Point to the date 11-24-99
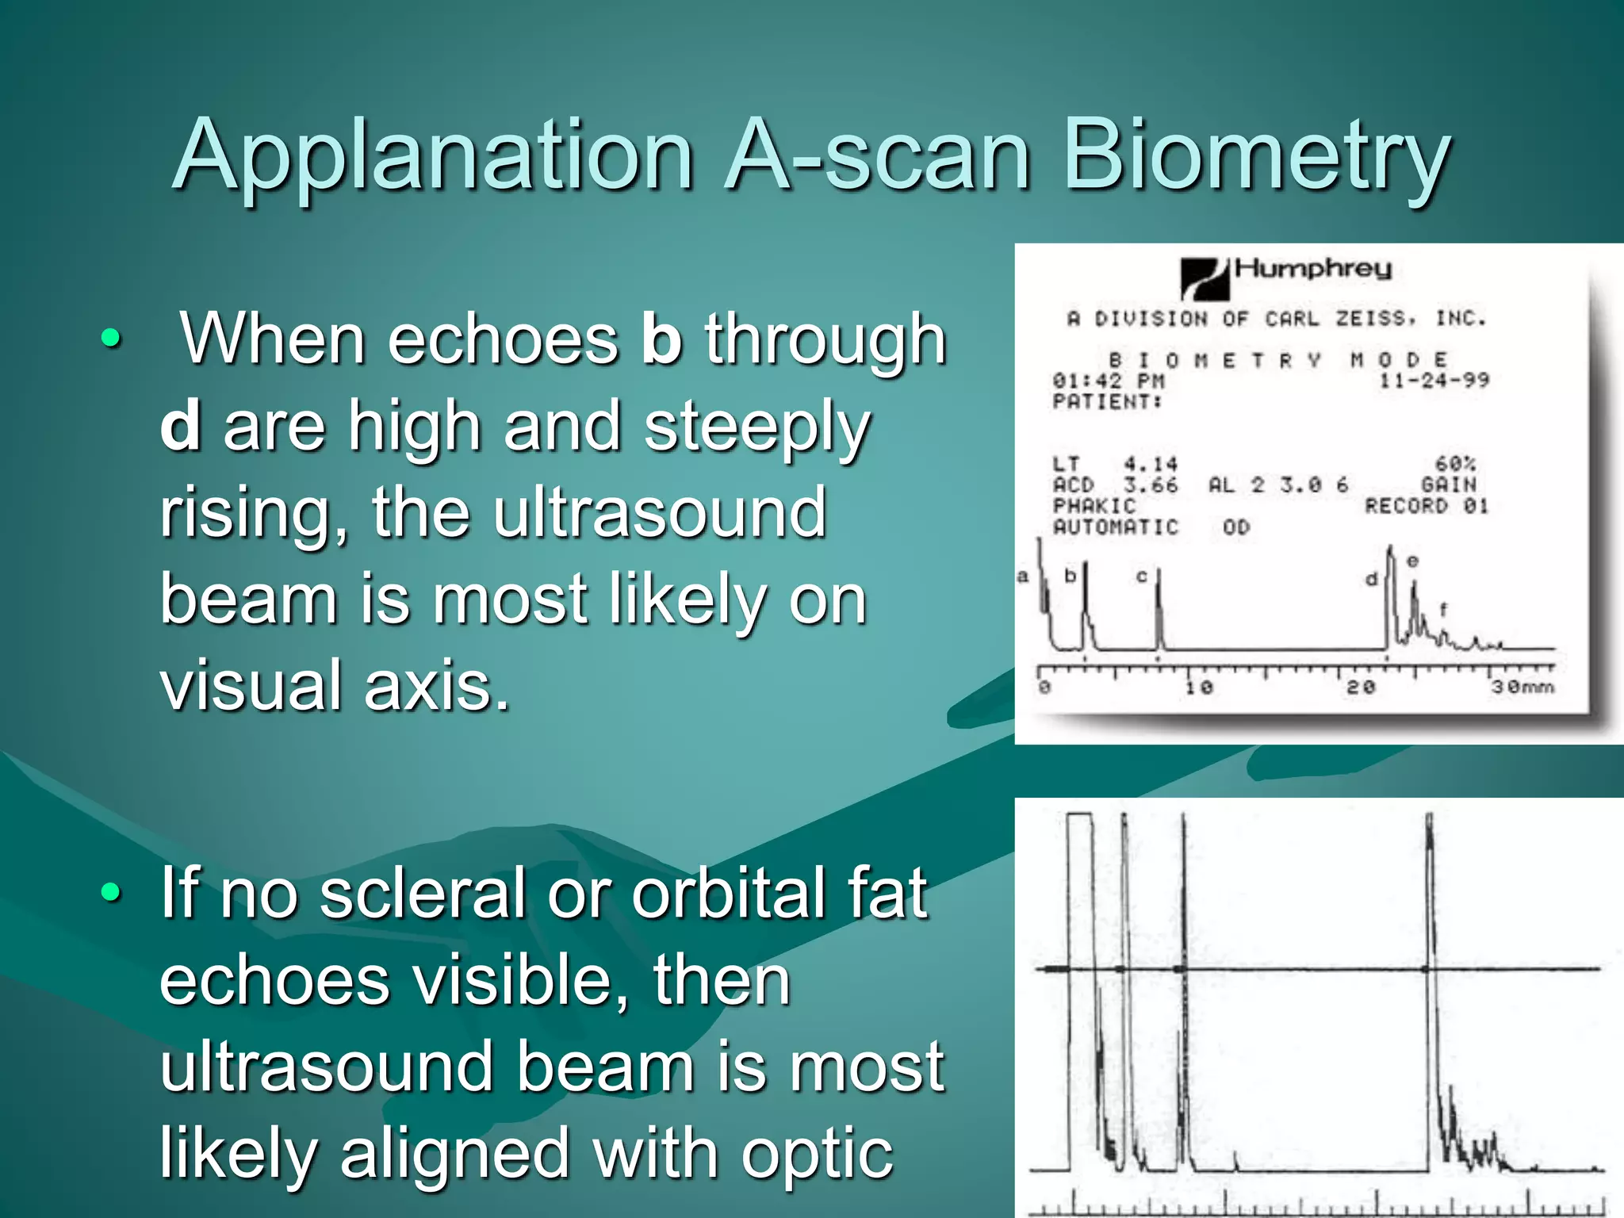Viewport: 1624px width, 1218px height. point(1434,381)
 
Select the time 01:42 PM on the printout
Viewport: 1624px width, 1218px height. point(1108,381)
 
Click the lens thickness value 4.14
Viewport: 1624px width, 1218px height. point(1151,464)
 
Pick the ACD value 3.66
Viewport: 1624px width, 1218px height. point(1151,485)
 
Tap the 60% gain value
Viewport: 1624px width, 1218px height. point(1455,464)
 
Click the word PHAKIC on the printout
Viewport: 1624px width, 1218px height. point(1094,506)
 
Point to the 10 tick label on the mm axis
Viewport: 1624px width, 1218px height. point(1198,687)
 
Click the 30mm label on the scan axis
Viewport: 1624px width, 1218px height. point(1522,687)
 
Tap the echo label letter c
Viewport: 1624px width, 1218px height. point(1142,576)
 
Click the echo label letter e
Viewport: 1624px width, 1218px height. point(1412,561)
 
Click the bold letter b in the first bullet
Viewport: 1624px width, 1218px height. point(661,339)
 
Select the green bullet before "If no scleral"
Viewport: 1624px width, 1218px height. point(112,893)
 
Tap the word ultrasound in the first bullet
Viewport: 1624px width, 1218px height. point(658,513)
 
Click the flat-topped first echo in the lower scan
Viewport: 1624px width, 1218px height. point(1079,817)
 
